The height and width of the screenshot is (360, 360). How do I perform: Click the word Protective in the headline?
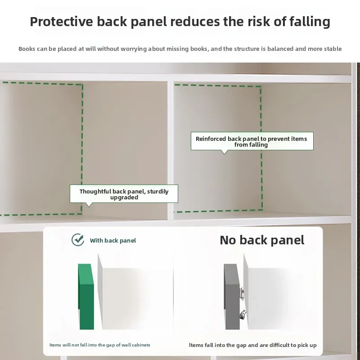click(x=61, y=22)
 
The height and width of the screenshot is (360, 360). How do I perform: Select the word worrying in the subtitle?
click(x=134, y=49)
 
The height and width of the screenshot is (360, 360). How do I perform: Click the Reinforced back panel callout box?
click(x=252, y=141)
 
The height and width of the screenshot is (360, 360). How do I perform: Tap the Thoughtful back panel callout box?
click(x=124, y=194)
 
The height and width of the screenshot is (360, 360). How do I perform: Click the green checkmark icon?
click(x=77, y=240)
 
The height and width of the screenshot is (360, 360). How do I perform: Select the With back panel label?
click(x=113, y=240)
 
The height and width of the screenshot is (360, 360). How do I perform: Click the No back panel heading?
click(x=262, y=240)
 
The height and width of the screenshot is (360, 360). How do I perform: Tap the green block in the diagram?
click(x=86, y=297)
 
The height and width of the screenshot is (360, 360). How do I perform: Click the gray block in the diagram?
click(x=232, y=297)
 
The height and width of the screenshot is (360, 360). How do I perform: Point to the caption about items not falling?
click(x=100, y=345)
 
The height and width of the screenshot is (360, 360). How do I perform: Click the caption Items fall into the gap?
click(x=253, y=345)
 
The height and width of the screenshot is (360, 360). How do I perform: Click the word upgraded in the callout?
click(x=124, y=198)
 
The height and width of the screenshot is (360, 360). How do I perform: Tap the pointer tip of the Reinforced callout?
click(x=224, y=154)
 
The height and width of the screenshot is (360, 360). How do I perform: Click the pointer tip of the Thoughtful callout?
click(x=89, y=207)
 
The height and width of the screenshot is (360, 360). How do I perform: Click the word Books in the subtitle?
click(x=27, y=49)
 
